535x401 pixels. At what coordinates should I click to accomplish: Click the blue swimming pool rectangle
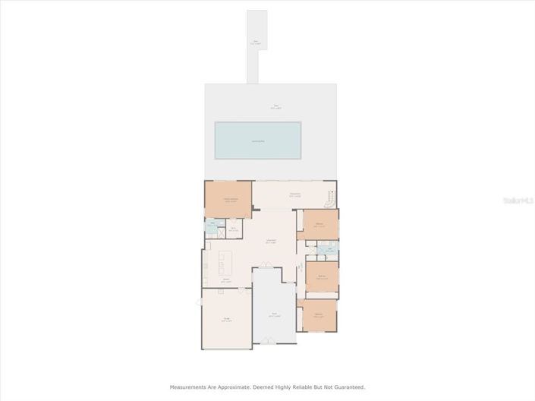click(258, 141)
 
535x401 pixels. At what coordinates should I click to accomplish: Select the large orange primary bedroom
click(228, 200)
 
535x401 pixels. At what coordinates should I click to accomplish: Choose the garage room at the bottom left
click(226, 319)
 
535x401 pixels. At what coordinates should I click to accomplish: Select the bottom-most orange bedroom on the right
click(319, 315)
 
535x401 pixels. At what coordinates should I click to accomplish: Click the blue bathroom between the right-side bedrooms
click(327, 250)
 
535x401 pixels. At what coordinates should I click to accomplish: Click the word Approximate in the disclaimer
click(231, 387)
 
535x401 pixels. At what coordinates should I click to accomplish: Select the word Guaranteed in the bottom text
click(347, 387)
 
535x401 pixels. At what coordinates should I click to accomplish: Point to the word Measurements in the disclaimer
click(190, 387)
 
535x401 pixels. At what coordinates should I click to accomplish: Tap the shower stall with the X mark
click(220, 232)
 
